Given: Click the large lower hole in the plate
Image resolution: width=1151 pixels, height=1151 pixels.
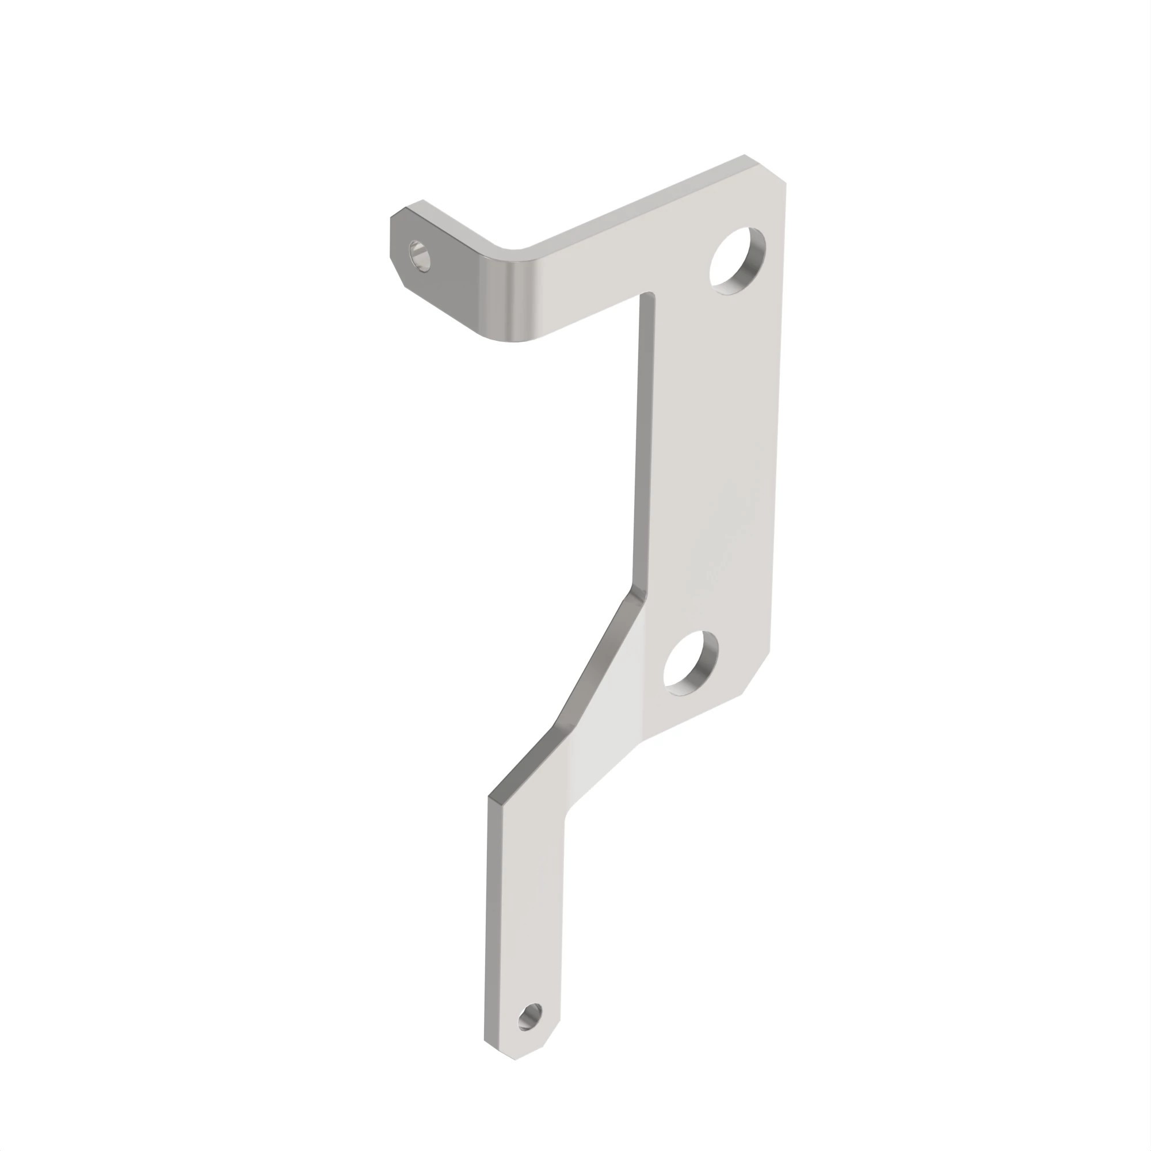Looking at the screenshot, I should (691, 662).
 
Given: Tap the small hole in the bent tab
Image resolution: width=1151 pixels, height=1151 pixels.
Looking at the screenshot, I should (421, 256).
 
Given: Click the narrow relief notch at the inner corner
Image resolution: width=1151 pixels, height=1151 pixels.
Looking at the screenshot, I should (647, 298).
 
